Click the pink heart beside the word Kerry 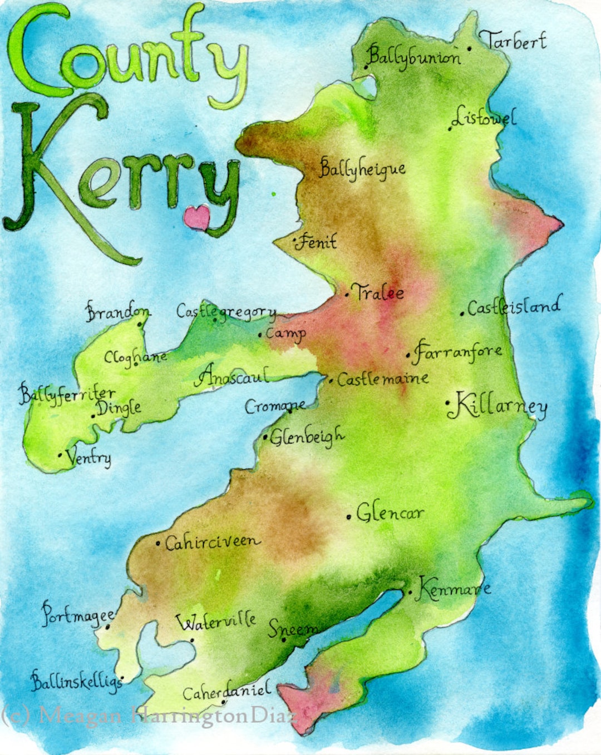point(197,217)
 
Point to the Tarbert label point(515,41)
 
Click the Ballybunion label point(414,56)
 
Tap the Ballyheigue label point(362,168)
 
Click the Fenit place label point(317,242)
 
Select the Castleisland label point(513,307)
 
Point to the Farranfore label point(458,351)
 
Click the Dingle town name point(119,408)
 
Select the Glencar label point(390,513)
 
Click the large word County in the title point(127,56)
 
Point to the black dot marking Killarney point(448,402)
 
